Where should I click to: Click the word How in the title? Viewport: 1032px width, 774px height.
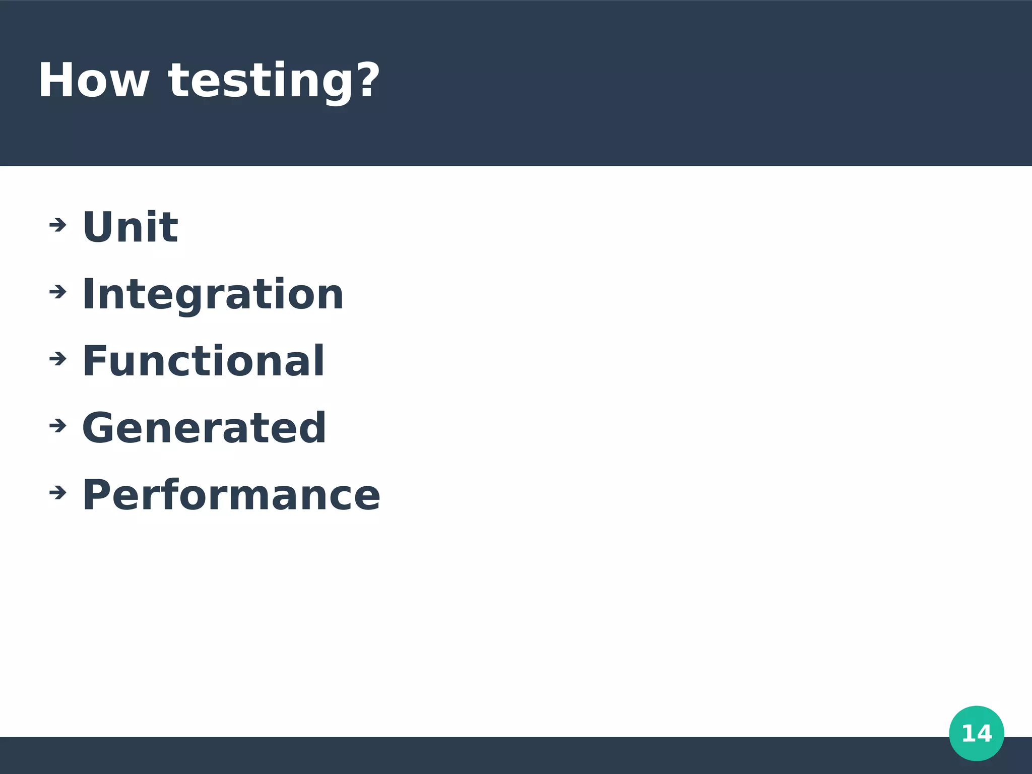coord(94,81)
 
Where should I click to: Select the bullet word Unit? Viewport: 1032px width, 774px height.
coord(130,227)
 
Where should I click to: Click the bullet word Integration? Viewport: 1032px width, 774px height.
coord(213,294)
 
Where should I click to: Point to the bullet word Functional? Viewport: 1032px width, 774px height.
coord(203,361)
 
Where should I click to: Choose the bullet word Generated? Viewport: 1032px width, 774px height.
coord(204,428)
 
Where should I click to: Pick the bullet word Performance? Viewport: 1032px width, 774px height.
coord(231,495)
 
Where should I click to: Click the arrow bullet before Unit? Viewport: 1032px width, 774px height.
coord(58,225)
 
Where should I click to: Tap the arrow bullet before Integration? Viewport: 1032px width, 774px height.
coord(58,292)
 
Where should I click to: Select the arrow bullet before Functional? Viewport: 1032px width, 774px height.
coord(58,359)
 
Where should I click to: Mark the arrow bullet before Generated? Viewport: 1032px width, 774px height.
coord(58,426)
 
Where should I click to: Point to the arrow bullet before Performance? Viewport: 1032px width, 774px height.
coord(58,492)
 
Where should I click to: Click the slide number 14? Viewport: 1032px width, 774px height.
coord(976,733)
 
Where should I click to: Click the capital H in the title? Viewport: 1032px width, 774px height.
coord(57,81)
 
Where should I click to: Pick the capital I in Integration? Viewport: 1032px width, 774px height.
coord(87,294)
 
